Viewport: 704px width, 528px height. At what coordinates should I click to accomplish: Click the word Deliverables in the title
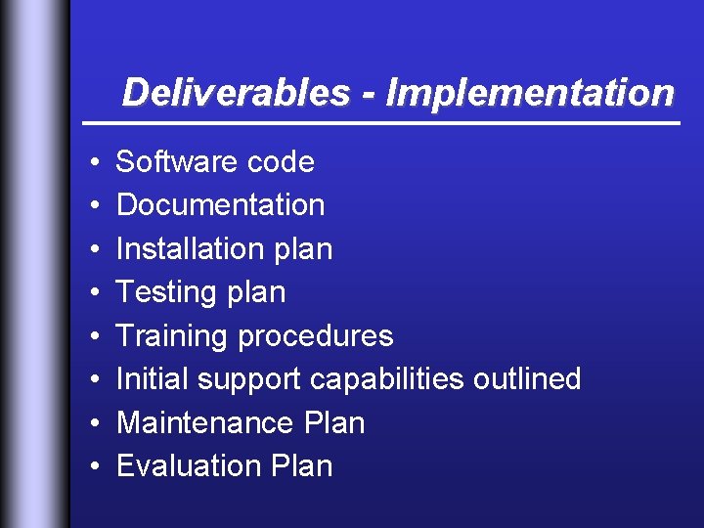pyautogui.click(x=236, y=93)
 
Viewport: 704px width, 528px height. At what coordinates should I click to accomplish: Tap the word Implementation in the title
pyautogui.click(x=530, y=93)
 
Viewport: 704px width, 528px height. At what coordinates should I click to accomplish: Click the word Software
pyautogui.click(x=177, y=161)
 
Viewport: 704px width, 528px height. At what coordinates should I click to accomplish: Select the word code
pyautogui.click(x=281, y=161)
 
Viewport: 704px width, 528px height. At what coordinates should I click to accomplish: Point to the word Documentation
pyautogui.click(x=220, y=204)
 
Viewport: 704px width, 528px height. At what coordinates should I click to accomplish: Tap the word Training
pyautogui.click(x=172, y=335)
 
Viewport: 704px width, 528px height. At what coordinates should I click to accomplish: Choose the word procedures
pyautogui.click(x=315, y=335)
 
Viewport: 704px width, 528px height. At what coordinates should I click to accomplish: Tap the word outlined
pyautogui.click(x=527, y=378)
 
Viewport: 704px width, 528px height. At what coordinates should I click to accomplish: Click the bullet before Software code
pyautogui.click(x=88, y=162)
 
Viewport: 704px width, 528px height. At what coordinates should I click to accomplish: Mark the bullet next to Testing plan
pyautogui.click(x=88, y=292)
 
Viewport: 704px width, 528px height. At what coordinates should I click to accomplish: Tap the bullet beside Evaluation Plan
pyautogui.click(x=88, y=466)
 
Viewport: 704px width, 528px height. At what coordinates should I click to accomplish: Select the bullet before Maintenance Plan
pyautogui.click(x=88, y=423)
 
